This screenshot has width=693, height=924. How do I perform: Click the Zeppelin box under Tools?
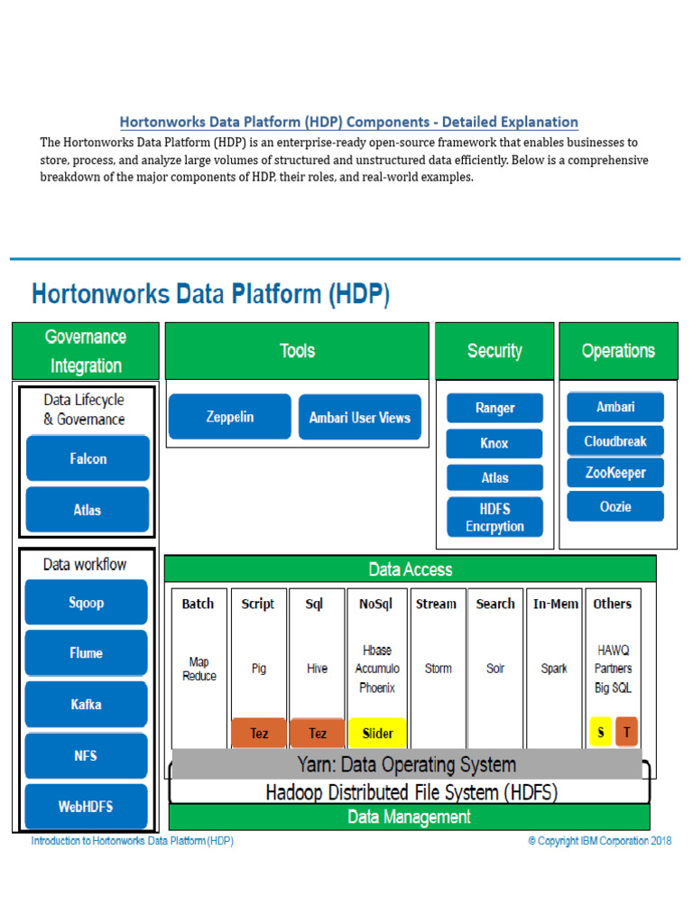click(230, 417)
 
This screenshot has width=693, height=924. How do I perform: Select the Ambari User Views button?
click(360, 417)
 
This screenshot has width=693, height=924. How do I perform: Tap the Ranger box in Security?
click(495, 408)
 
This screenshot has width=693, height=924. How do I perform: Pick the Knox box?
click(494, 443)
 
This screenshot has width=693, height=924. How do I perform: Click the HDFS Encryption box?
click(495, 517)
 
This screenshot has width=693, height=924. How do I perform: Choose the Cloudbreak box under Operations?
click(615, 440)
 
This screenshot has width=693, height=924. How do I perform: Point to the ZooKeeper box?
click(615, 473)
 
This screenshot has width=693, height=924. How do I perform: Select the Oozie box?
click(615, 506)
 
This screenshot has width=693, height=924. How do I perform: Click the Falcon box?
click(88, 458)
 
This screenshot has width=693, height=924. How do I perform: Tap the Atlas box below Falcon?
click(88, 510)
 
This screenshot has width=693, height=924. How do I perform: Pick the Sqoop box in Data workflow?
click(86, 602)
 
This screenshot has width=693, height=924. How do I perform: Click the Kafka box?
click(86, 704)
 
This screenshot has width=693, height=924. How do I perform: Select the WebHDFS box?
click(86, 806)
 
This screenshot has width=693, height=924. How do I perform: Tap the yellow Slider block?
click(378, 733)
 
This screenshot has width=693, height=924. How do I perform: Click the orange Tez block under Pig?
click(259, 733)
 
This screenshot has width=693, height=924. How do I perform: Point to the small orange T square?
click(627, 732)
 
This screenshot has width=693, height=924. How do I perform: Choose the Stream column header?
click(436, 604)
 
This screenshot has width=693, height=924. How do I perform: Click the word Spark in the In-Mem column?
click(554, 669)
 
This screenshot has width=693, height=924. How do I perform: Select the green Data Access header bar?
click(411, 569)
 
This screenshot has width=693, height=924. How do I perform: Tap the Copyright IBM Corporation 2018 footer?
click(600, 841)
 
